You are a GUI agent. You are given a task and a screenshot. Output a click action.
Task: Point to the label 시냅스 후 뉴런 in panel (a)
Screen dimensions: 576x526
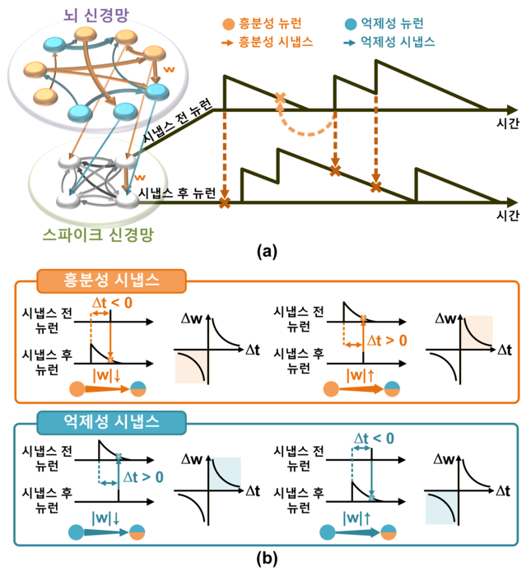click(178, 194)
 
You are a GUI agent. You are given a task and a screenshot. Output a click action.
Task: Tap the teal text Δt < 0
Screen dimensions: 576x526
click(375, 439)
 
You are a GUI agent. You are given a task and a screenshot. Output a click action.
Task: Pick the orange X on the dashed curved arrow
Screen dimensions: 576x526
click(280, 99)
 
